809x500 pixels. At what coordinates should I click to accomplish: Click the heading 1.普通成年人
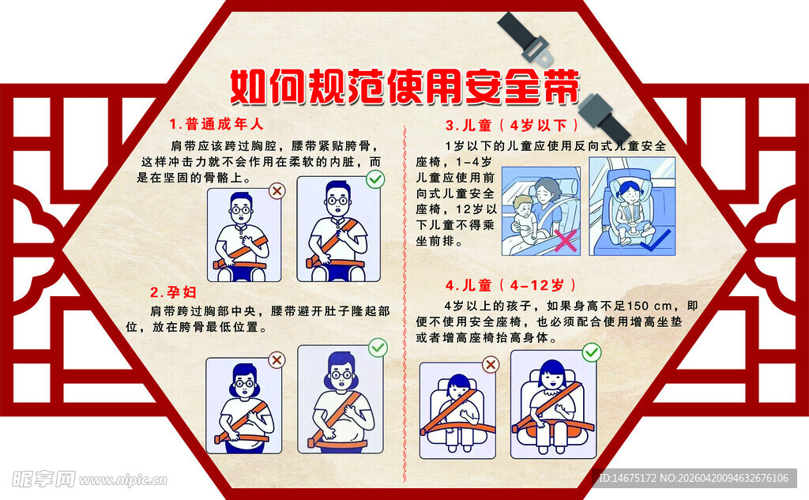pyautogui.click(x=216, y=124)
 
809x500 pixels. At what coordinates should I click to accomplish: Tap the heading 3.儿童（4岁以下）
pyautogui.click(x=513, y=125)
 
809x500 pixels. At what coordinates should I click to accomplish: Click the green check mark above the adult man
pyautogui.click(x=375, y=180)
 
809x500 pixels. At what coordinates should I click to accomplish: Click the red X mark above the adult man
pyautogui.click(x=277, y=190)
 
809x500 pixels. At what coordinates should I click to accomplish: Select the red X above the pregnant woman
pyautogui.click(x=277, y=360)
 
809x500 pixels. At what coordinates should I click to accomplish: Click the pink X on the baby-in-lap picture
pyautogui.click(x=565, y=240)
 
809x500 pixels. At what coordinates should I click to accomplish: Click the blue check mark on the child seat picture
pyautogui.click(x=657, y=239)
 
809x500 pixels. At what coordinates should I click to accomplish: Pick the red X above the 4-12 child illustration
pyautogui.click(x=491, y=364)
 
